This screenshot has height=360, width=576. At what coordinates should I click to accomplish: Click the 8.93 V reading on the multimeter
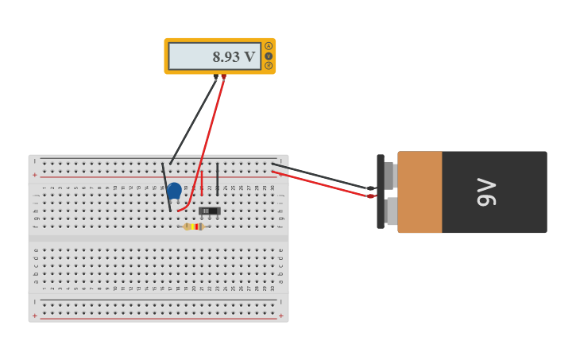[x=234, y=56]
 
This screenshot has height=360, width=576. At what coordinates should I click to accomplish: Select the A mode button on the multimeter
[x=269, y=46]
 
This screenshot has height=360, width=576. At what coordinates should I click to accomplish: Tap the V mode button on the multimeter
[x=269, y=56]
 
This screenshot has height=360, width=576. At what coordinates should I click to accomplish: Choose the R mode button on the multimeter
[x=269, y=65]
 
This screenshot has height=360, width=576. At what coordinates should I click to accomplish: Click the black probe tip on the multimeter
[x=215, y=76]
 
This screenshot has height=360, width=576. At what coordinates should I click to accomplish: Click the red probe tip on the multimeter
[x=224, y=76]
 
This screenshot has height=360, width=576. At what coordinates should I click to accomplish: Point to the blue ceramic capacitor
[x=174, y=191]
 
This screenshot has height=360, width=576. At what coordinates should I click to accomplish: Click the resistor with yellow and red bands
[x=194, y=226]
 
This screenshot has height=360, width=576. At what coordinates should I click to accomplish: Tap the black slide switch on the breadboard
[x=210, y=211]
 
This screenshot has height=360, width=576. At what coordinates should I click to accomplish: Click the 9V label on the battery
[x=486, y=192]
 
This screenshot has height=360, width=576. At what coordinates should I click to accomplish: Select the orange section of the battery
[x=419, y=192]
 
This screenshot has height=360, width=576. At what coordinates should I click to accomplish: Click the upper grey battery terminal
[x=389, y=175]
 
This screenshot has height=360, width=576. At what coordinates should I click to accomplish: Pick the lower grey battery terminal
[x=390, y=211]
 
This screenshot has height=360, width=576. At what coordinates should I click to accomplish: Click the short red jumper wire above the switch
[x=202, y=183]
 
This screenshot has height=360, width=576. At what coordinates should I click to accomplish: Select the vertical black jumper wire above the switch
[x=218, y=179]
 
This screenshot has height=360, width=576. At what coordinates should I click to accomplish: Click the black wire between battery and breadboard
[x=318, y=176]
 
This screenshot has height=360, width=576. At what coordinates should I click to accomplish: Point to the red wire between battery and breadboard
[x=318, y=184]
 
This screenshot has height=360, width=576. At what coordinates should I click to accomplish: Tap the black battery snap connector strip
[x=381, y=192]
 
